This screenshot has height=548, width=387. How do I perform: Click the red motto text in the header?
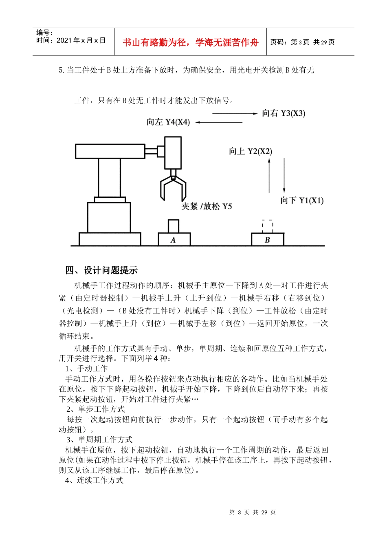pyautogui.click(x=190, y=42)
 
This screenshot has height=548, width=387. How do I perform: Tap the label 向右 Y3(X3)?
pyautogui.click(x=284, y=113)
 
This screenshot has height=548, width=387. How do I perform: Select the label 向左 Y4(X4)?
pyautogui.click(x=168, y=122)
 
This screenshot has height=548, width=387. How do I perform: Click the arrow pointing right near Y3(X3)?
pyautogui.click(x=235, y=113)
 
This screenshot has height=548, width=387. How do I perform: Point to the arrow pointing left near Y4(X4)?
pyautogui.click(x=219, y=122)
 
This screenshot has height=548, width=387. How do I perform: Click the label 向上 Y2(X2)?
pyautogui.click(x=250, y=151)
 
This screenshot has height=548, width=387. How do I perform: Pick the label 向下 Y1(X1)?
pyautogui.click(x=301, y=200)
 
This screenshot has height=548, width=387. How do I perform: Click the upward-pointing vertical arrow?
pyautogui.click(x=269, y=175)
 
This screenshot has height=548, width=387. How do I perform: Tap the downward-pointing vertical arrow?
pyautogui.click(x=284, y=175)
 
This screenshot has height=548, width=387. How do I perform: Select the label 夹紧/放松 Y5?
pyautogui.click(x=207, y=206)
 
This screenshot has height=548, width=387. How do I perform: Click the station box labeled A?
pyautogui.click(x=174, y=239)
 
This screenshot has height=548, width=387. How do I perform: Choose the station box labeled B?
pyautogui.click(x=267, y=239)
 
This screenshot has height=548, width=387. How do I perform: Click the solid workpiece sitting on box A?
pyautogui.click(x=174, y=226)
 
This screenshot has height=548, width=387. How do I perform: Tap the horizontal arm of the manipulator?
pyautogui.click(x=110, y=151)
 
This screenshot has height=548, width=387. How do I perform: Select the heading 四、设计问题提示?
pyautogui.click(x=101, y=270)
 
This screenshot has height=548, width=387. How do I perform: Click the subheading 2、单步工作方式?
pyautogui.click(x=96, y=409)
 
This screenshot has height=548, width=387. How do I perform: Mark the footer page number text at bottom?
pyautogui.click(x=253, y=513)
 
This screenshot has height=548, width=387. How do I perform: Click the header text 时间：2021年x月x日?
pyautogui.click(x=71, y=40)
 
